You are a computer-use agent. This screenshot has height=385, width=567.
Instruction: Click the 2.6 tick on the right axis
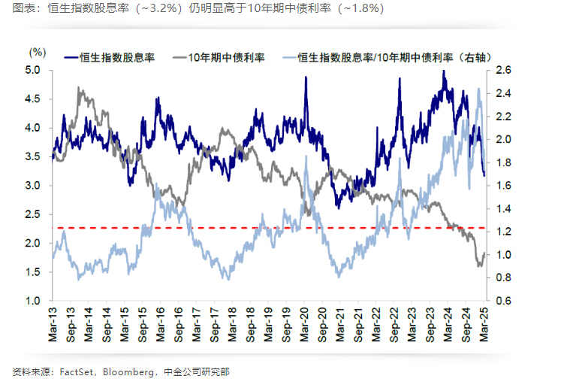click(x=502, y=70)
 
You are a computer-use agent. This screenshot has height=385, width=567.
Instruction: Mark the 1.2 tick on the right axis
click(x=502, y=232)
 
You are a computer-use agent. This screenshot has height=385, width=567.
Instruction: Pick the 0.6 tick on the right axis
click(x=502, y=301)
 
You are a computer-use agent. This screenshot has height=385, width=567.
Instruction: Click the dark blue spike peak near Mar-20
click(x=306, y=78)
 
